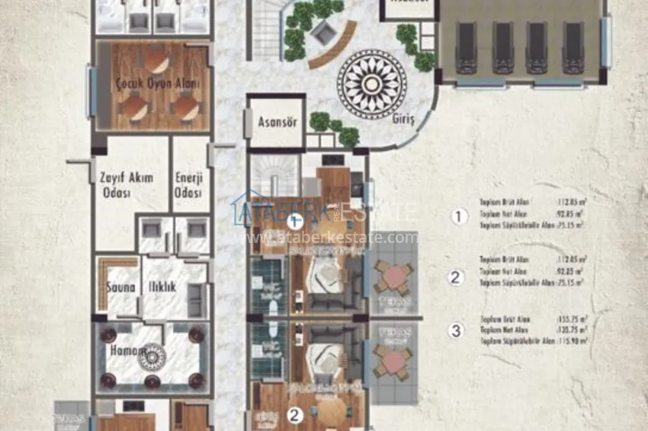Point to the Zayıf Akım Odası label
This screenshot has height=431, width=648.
coord(126,185)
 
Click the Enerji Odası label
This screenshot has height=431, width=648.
coord(190,185)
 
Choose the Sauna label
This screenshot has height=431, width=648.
coord(120,288)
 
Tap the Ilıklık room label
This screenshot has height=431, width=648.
coord(162,288)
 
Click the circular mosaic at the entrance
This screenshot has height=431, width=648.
coord(371,84)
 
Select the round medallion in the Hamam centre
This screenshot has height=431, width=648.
coord(152,356)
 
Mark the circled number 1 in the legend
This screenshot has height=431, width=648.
coord(457,217)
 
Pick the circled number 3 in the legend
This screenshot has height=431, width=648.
coord(456,330)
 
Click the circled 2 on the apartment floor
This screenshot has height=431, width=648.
coord(295,415)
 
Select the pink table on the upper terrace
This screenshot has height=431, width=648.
coord(393,277)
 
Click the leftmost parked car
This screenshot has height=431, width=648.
coord(466,47)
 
